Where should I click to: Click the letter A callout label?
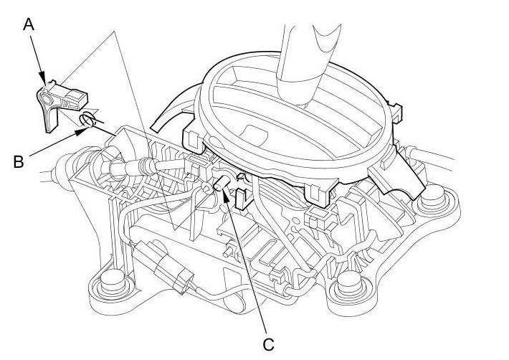click(29, 24)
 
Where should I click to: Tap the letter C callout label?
click(268, 344)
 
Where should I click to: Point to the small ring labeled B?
click(86, 121)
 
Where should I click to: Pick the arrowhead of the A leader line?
click(46, 80)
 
